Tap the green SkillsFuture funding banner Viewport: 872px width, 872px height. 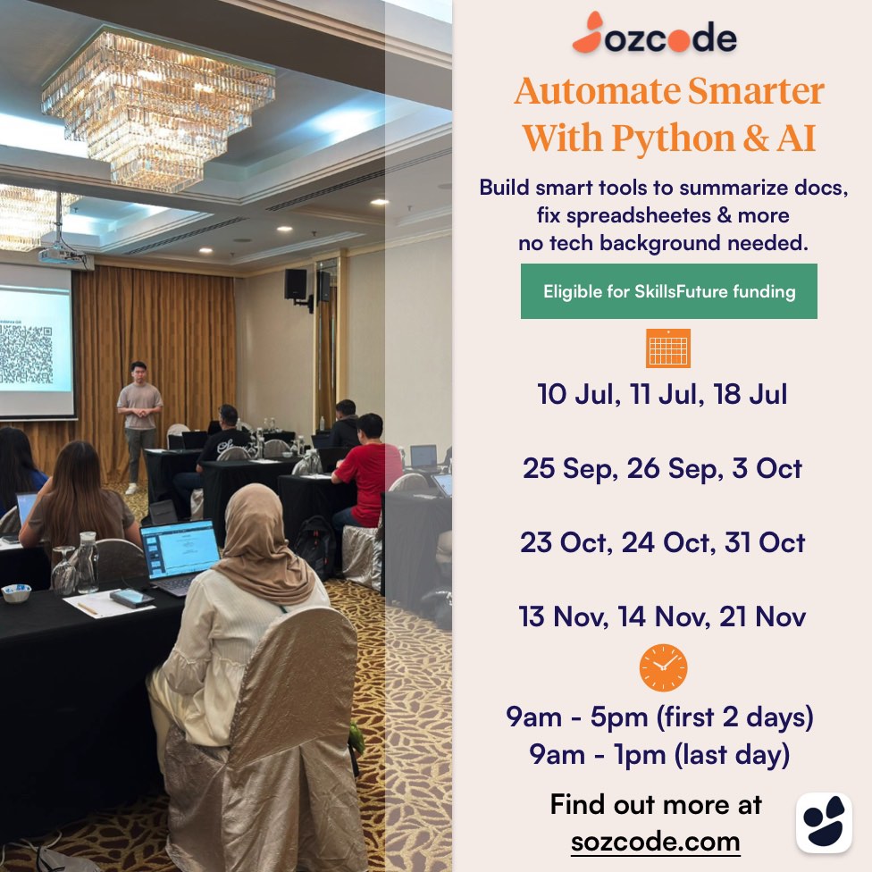coord(668,291)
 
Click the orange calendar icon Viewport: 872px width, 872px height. coord(668,348)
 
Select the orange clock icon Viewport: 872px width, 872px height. coord(664,668)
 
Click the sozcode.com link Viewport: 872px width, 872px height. coord(655,842)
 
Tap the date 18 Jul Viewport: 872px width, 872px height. coord(750,394)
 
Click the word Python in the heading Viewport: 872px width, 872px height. coord(673,138)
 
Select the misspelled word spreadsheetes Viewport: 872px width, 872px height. coord(639,216)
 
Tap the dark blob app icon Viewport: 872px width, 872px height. coord(824,823)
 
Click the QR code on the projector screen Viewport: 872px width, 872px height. coord(26,355)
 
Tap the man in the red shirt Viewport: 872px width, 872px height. coord(367,473)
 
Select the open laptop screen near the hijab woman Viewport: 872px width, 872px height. coord(180,550)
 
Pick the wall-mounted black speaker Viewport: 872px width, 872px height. coord(296,284)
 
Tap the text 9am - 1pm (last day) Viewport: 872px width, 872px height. coord(659,755)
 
